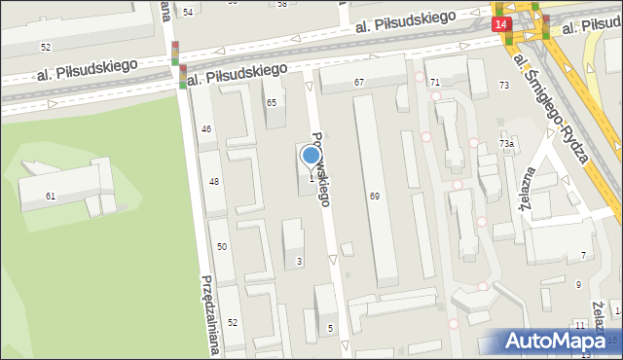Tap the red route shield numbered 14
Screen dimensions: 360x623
tap(500, 22)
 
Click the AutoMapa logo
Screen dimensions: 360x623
tap(561, 341)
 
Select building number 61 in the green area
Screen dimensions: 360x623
tap(51, 196)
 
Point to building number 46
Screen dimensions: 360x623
tap(206, 128)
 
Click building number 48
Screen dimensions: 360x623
tap(214, 182)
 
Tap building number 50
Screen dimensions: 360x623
tap(222, 247)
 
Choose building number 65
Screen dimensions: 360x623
tap(272, 102)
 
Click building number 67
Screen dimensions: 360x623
tap(359, 83)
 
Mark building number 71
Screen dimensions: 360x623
tap(435, 82)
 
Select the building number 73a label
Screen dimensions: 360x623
tap(506, 144)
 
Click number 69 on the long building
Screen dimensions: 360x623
tap(374, 197)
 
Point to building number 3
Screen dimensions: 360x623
tap(299, 261)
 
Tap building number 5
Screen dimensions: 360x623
tap(330, 328)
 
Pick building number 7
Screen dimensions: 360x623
tap(583, 255)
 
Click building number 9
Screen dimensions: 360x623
tap(578, 284)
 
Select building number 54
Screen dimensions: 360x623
tap(188, 12)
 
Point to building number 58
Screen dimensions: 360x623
tap(282, 4)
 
